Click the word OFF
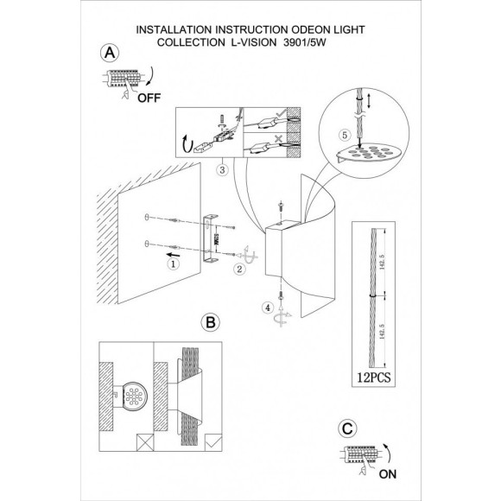[x=136, y=98]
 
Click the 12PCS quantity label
[x=372, y=377]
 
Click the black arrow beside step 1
[x=173, y=255]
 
